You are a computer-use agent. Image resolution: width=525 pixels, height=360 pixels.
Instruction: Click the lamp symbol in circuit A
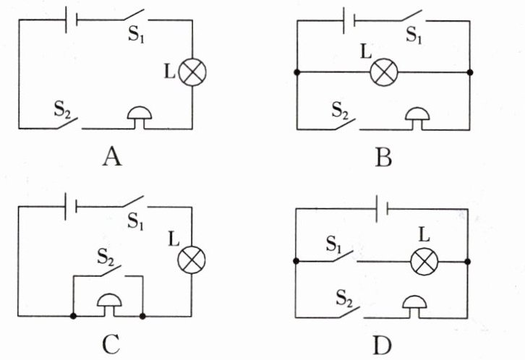[192, 72]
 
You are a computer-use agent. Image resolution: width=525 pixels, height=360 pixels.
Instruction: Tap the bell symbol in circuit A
[140, 117]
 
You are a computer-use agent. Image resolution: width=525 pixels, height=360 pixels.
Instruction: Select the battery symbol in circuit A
[72, 20]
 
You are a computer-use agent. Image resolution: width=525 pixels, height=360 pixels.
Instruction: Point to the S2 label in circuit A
[62, 109]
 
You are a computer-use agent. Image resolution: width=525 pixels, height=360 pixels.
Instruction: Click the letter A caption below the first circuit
[112, 157]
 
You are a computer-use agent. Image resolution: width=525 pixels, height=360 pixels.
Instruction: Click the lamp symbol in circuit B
[384, 72]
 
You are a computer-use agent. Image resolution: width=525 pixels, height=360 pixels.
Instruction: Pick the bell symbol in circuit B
[417, 118]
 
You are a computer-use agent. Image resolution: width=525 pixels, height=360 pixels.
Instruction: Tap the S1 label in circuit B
[414, 35]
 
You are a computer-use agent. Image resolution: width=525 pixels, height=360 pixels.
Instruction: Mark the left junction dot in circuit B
[296, 72]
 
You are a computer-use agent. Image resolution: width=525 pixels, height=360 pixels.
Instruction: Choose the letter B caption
[383, 157]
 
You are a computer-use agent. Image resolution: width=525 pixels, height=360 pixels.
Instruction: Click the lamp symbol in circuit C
[192, 260]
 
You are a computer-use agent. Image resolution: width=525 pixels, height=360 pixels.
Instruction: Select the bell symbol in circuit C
[109, 304]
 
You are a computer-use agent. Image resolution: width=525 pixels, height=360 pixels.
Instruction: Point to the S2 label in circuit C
[106, 257]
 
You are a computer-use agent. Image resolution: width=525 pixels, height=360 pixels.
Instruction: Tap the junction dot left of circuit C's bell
[73, 316]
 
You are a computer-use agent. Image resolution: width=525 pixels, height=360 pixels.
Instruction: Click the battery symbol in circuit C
[71, 207]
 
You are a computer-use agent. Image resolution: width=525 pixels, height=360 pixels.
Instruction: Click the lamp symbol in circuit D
[424, 261]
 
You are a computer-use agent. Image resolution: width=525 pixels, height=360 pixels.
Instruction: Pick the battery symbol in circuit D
[382, 209]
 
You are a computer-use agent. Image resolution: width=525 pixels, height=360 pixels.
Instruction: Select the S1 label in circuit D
[335, 244]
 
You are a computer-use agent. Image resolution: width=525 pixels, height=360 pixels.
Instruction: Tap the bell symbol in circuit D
[414, 306]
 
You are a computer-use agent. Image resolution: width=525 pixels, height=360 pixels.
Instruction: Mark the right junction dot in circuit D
[467, 261]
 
